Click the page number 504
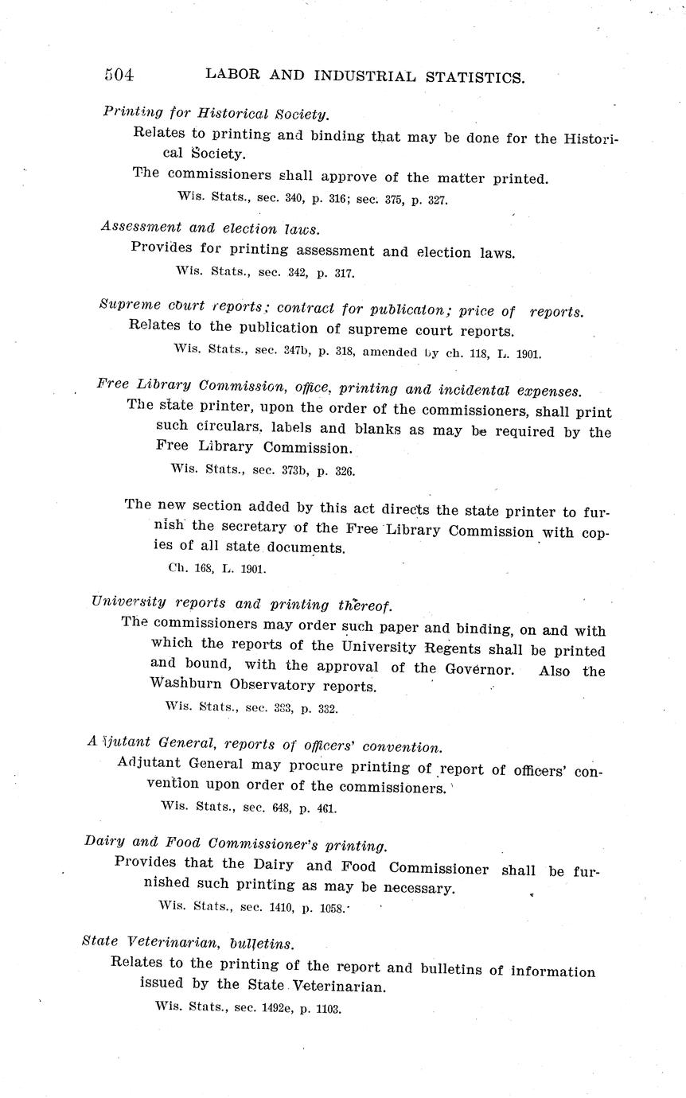click(x=119, y=76)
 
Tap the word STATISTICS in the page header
click(x=474, y=77)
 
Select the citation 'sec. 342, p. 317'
click(x=306, y=272)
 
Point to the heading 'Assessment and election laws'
click(x=210, y=228)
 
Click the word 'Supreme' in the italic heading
click(x=129, y=305)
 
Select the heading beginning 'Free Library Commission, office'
click(x=339, y=389)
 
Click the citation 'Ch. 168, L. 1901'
click(x=217, y=569)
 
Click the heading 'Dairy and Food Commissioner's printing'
click(x=236, y=844)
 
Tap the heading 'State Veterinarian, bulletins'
click(x=189, y=944)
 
